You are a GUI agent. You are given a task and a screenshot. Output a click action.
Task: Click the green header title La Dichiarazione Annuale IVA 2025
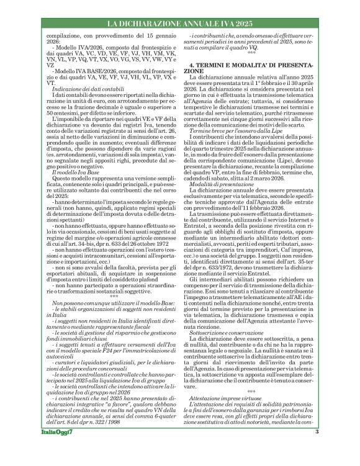click(x=180, y=24)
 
